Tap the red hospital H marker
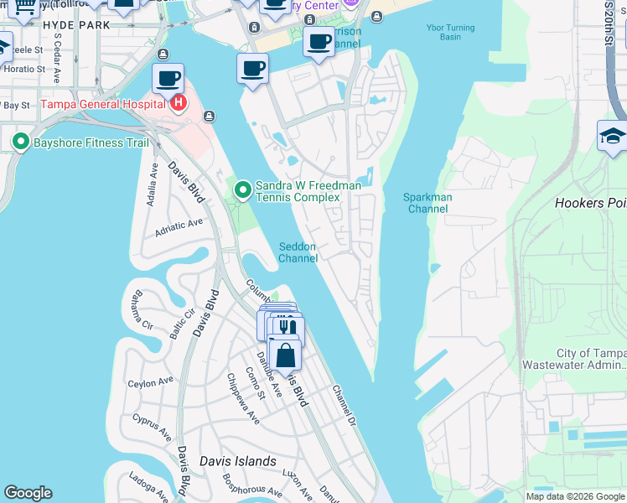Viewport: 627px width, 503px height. pos(178,104)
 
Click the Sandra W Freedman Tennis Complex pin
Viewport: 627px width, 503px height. pos(243,190)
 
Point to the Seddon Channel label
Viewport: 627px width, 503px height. pos(298,252)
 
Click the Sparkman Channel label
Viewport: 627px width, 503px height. pos(427,203)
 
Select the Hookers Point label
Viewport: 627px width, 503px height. pos(590,203)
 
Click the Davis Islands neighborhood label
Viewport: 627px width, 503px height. pos(237,461)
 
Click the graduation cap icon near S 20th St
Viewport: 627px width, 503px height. pos(612,137)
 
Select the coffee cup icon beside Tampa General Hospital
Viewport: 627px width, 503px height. pos(168,79)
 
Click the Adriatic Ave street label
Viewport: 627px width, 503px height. pos(179,226)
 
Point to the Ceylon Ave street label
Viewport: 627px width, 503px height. pos(150,382)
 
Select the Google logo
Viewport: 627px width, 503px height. pos(28,493)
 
